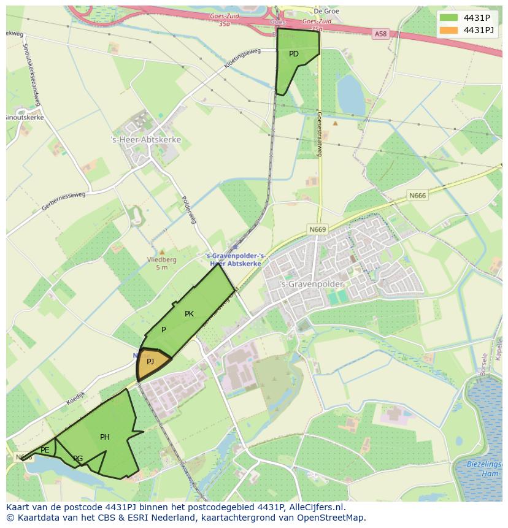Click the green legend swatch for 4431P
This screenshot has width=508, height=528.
pos(448,18)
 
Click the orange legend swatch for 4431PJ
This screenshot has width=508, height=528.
pos(448,30)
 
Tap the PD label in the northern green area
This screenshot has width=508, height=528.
pos(294,54)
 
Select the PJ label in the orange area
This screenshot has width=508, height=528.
pos(150,362)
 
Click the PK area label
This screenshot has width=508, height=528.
pos(189,314)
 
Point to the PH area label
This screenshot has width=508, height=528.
pos(105,437)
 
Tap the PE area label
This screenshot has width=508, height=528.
pos(45,450)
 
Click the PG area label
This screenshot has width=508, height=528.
pos(78,459)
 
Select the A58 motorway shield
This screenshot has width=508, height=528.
pos(381,35)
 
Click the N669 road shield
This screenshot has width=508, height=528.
pos(318,229)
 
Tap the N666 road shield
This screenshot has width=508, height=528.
pos(417,196)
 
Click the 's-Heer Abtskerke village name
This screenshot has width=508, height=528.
pos(146,140)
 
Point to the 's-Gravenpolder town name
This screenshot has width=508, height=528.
pos(303,285)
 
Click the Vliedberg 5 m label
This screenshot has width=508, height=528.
pos(162,263)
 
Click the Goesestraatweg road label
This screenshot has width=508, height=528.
pos(320,134)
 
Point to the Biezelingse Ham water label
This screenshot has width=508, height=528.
pos(484,469)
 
